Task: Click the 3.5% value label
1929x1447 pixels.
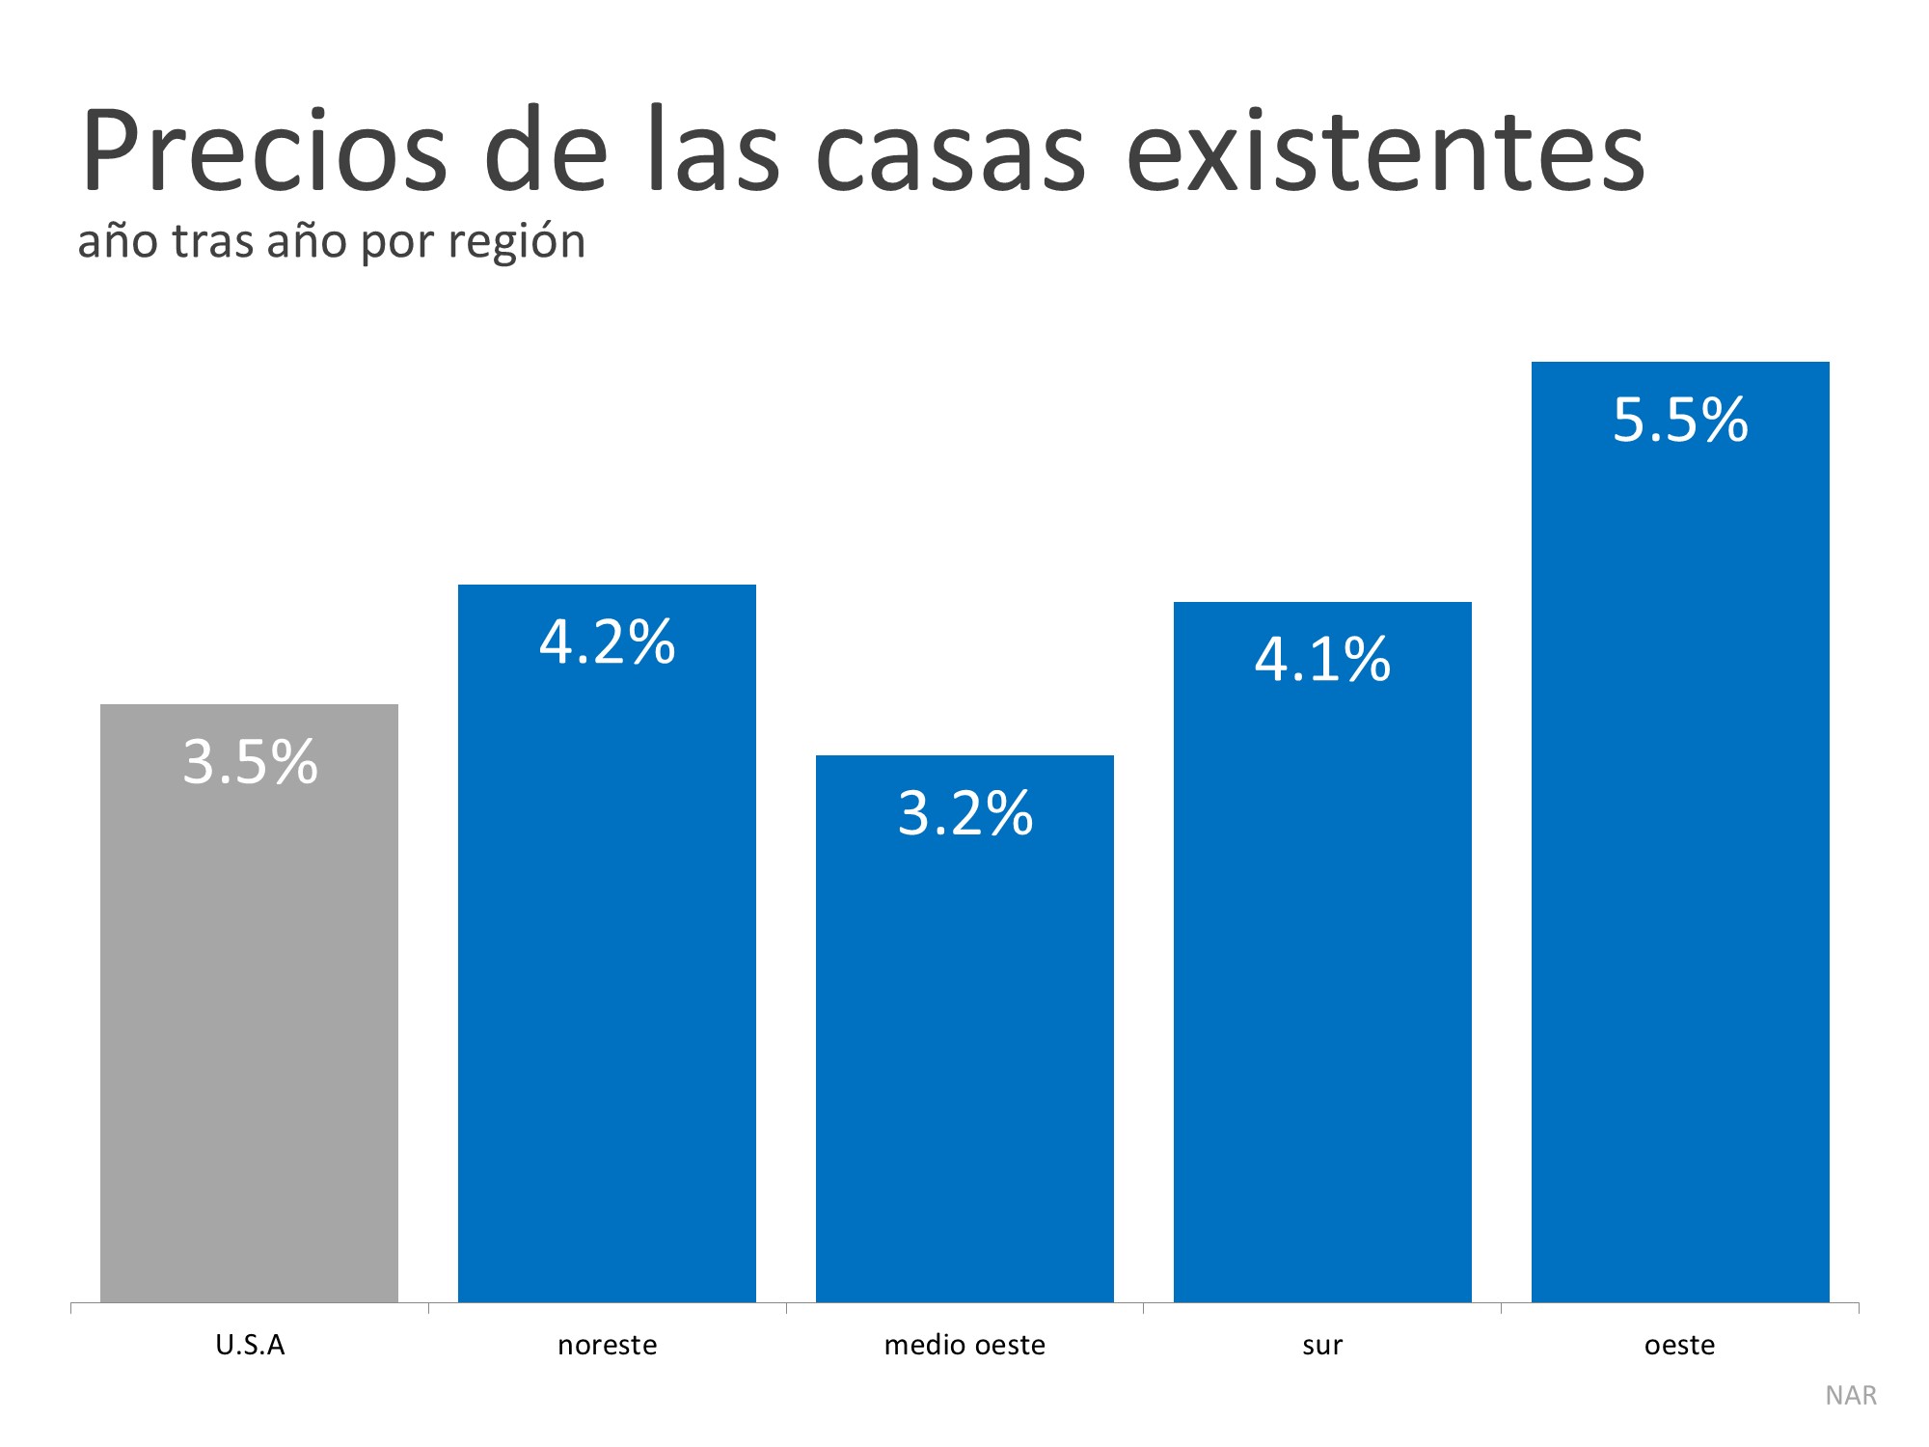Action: point(250,762)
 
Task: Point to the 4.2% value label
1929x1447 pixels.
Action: point(607,642)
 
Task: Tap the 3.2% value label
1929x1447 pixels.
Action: point(964,813)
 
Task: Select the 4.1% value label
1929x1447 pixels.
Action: point(1322,660)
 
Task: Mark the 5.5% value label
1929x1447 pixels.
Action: point(1680,421)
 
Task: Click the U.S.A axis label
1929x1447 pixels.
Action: point(250,1345)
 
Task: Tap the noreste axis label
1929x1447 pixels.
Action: point(607,1345)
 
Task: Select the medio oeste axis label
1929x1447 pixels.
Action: point(964,1345)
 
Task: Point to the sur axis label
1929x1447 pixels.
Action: point(1322,1345)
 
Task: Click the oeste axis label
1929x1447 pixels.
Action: point(1680,1345)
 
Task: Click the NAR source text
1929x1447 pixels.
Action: point(1851,1396)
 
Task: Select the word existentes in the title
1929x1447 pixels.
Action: point(1385,152)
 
